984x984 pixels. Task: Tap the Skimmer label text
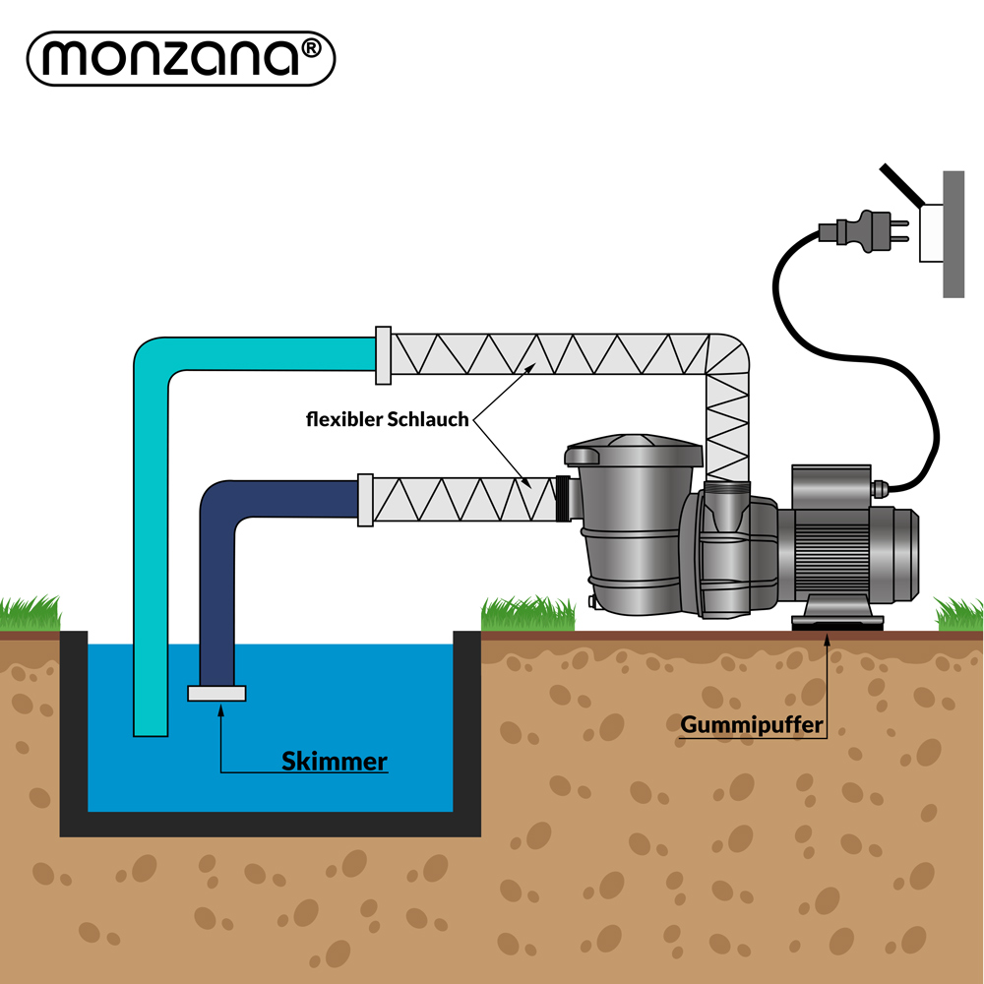[x=334, y=760]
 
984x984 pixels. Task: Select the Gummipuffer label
[x=751, y=726]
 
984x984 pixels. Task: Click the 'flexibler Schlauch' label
[x=387, y=419]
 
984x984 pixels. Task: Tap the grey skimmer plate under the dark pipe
[x=216, y=693]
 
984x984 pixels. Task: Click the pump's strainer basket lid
[x=635, y=454]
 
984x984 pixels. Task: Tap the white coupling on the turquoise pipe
[x=384, y=355]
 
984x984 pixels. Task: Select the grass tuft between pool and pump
[x=527, y=614]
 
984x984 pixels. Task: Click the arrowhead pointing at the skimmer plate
[x=220, y=708]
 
